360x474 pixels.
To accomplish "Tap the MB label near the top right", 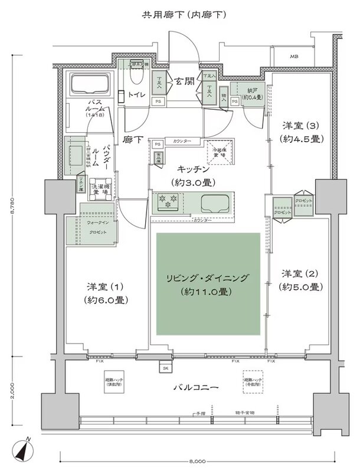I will point(293,57).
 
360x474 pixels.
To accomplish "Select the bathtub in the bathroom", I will point(91,86).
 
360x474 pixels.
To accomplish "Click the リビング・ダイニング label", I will point(208,284).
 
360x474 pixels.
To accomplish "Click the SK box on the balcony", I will point(163,368).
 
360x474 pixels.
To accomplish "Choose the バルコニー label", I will point(196,389).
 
